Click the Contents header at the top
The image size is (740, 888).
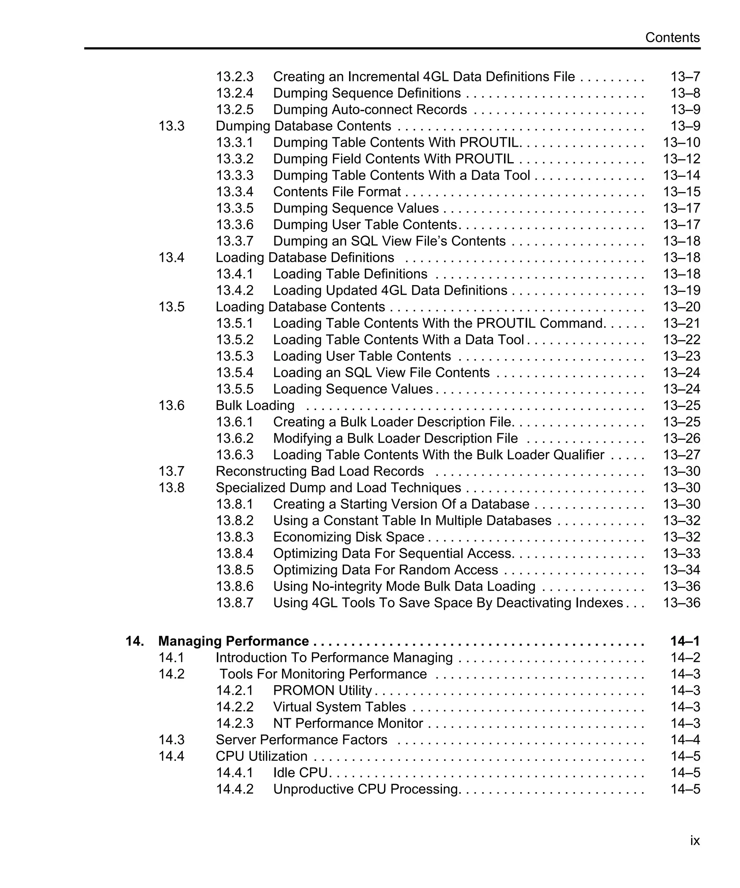(x=672, y=38)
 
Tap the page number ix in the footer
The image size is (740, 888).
(x=695, y=840)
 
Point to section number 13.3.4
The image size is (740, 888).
(x=235, y=191)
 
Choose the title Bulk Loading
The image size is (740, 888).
(x=255, y=405)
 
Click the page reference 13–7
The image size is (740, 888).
(x=685, y=77)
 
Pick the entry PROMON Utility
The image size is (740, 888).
(x=322, y=690)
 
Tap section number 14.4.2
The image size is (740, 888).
(x=235, y=789)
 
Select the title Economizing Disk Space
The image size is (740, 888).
(x=348, y=537)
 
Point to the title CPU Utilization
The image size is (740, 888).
(x=261, y=756)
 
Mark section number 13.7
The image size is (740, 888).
(x=171, y=471)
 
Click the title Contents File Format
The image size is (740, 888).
(x=337, y=191)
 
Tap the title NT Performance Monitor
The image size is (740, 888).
(x=348, y=724)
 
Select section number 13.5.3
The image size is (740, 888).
(x=235, y=356)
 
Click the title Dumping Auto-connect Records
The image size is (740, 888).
(x=370, y=109)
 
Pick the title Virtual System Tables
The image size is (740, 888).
(x=339, y=707)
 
